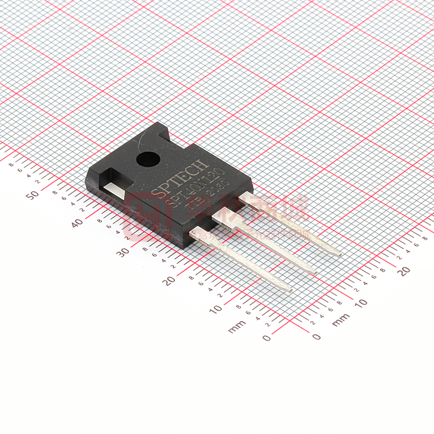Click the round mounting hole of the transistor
click(147, 159)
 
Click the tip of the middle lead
click(313, 272)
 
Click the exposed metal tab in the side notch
click(114, 190)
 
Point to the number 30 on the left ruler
click(123, 252)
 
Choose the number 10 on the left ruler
click(215, 309)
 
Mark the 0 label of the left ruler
click(266, 337)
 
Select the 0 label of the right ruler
click(316, 336)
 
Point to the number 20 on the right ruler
click(404, 271)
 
